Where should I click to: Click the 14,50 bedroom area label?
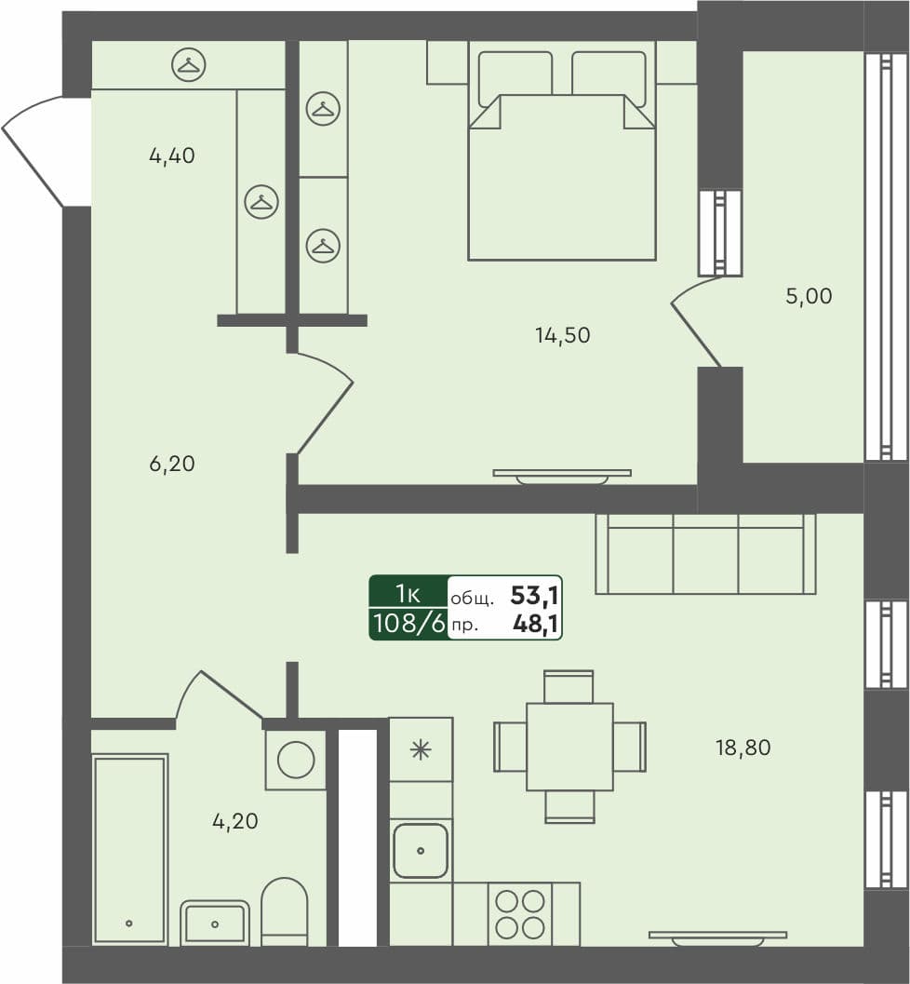pyautogui.click(x=562, y=335)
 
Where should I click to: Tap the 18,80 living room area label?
pyautogui.click(x=743, y=748)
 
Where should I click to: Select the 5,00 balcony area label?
pyautogui.click(x=809, y=297)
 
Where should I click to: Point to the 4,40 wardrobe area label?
pyautogui.click(x=171, y=156)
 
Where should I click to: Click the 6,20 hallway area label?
pyautogui.click(x=171, y=464)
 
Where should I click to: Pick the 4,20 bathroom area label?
pyautogui.click(x=234, y=822)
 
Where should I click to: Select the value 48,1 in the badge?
pyautogui.click(x=535, y=625)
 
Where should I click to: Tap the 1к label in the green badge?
pyautogui.click(x=408, y=593)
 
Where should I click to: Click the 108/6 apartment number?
pyautogui.click(x=408, y=624)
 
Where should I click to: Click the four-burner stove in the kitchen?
pyautogui.click(x=519, y=913)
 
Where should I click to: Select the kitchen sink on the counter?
pyautogui.click(x=421, y=850)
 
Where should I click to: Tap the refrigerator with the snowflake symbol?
pyautogui.click(x=421, y=749)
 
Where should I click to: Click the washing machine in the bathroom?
pyautogui.click(x=296, y=760)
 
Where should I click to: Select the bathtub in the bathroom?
pyautogui.click(x=129, y=848)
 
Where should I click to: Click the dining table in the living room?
pyautogui.click(x=569, y=747)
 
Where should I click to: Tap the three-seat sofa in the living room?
pyautogui.click(x=704, y=554)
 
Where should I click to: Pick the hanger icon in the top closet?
pyautogui.click(x=189, y=65)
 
